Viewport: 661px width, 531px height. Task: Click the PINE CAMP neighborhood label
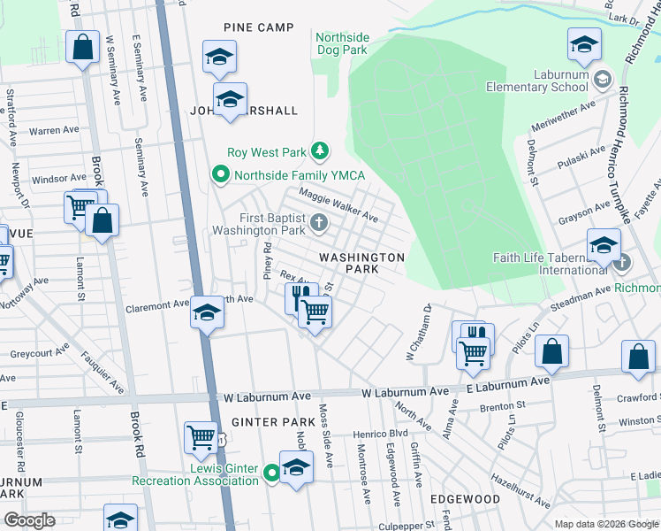tap(258, 27)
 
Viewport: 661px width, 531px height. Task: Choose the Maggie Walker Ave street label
tap(338, 204)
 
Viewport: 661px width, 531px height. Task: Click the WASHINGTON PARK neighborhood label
tap(361, 262)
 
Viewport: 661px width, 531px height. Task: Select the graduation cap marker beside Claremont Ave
tap(207, 313)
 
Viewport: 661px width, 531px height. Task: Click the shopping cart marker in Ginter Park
tap(201, 437)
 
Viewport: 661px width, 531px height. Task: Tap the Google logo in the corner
tap(30, 520)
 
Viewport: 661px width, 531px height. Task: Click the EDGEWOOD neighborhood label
tap(465, 499)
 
